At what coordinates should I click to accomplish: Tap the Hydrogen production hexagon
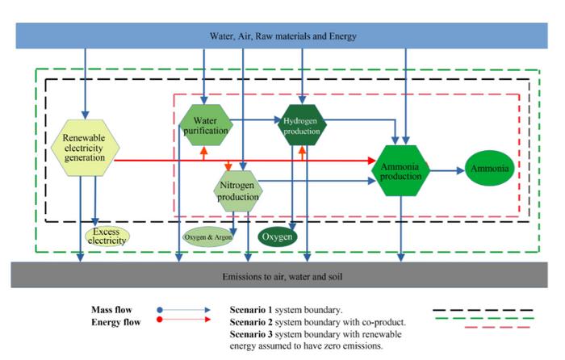(302, 126)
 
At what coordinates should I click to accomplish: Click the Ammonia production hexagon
(401, 171)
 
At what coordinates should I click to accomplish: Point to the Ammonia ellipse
(491, 170)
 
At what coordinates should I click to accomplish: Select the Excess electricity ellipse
(107, 236)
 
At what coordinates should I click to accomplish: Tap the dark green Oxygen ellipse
(278, 237)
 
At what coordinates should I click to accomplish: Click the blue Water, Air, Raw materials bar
(282, 36)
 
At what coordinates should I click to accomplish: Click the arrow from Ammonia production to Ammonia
(446, 170)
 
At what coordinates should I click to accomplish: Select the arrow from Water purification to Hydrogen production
(257, 123)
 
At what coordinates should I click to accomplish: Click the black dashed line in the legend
(483, 309)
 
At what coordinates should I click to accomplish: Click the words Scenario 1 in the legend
(252, 309)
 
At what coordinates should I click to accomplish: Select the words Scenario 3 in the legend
(252, 333)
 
